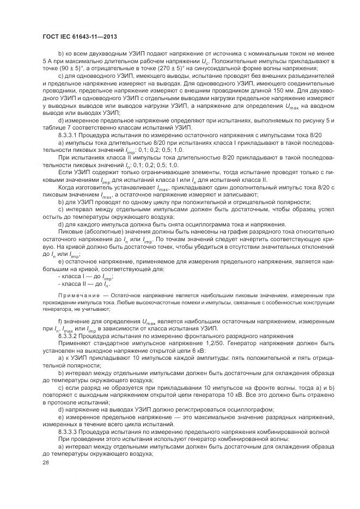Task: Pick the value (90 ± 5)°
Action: (68, 70)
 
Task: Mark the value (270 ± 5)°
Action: (161, 70)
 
